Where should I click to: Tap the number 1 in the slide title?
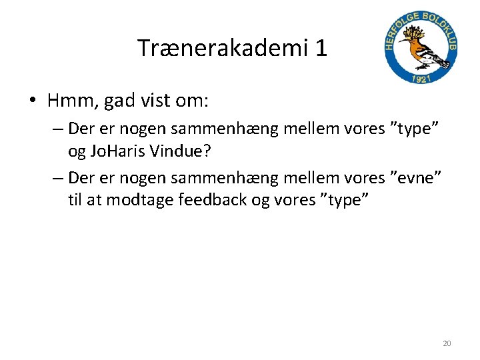(x=321, y=47)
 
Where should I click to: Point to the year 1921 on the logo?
(x=421, y=79)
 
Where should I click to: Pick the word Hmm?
(x=71, y=101)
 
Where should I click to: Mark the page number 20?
(x=447, y=343)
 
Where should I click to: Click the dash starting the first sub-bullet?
(x=55, y=129)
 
